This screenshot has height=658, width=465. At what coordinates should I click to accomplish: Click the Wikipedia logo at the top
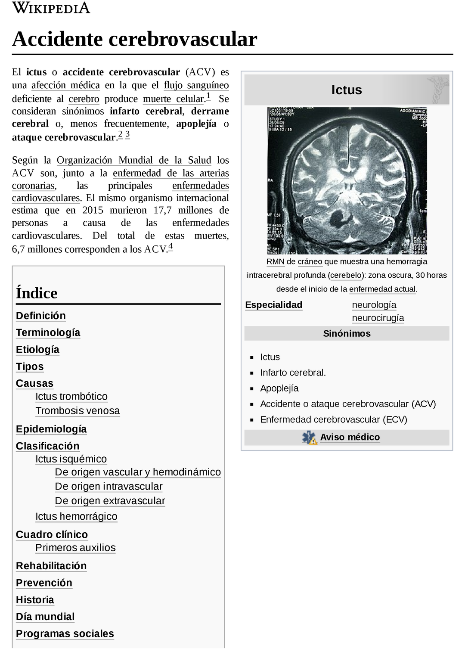click(x=51, y=8)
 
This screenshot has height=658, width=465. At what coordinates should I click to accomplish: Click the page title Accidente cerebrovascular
click(x=134, y=39)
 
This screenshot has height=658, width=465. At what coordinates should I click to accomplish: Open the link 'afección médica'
click(x=65, y=85)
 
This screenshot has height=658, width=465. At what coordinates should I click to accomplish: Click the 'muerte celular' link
click(x=174, y=99)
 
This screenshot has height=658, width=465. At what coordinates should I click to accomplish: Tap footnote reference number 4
click(x=170, y=246)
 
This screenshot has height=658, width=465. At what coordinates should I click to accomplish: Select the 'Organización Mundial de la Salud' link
click(x=133, y=160)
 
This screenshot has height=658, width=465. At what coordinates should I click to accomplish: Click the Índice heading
click(x=37, y=293)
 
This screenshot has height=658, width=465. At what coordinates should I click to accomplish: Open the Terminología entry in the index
click(x=48, y=332)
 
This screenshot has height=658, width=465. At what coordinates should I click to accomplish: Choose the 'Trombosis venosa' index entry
click(x=77, y=411)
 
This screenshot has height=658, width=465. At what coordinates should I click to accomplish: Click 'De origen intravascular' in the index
click(x=108, y=487)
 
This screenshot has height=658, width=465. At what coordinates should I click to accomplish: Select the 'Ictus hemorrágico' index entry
click(x=76, y=516)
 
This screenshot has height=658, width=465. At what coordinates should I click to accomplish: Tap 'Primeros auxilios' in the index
click(x=75, y=548)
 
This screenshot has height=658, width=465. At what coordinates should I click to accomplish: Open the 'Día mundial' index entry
click(x=45, y=617)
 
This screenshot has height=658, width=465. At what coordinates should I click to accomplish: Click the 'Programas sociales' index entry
click(x=65, y=634)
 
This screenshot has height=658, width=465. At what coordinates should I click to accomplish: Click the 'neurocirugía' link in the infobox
click(x=378, y=318)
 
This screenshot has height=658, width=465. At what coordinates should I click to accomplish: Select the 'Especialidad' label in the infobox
click(x=273, y=305)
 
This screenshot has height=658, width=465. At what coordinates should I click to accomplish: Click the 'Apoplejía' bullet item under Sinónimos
click(x=279, y=388)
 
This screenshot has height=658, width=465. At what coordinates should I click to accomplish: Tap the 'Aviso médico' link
click(x=350, y=438)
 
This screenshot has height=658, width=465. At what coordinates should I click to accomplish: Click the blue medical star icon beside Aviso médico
click(x=309, y=438)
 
